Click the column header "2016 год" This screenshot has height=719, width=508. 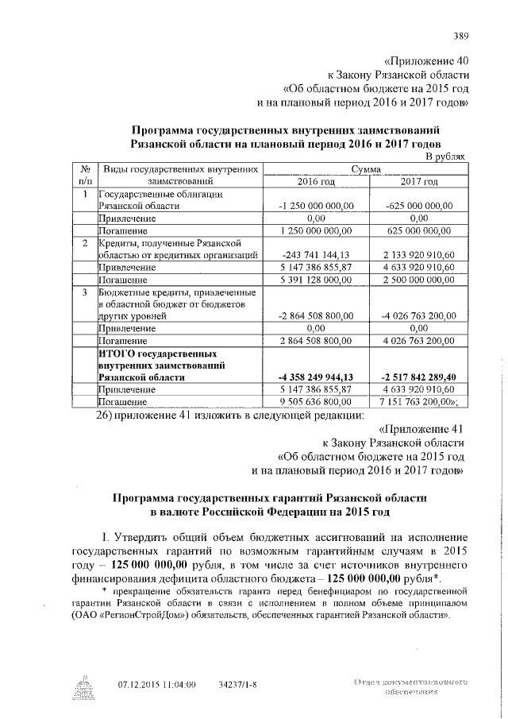tap(316, 182)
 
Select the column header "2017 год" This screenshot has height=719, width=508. tap(419, 182)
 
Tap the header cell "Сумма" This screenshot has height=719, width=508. tap(368, 169)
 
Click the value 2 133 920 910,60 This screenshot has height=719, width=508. tap(419, 255)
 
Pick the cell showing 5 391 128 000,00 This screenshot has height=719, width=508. tap(316, 280)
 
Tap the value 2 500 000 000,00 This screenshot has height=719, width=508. tap(419, 280)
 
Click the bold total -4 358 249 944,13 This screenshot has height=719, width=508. tap(316, 377)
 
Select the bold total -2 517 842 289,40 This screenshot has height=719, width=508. tap(419, 377)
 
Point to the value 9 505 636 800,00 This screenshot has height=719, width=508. tap(316, 401)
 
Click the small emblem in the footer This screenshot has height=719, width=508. tap(84, 686)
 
